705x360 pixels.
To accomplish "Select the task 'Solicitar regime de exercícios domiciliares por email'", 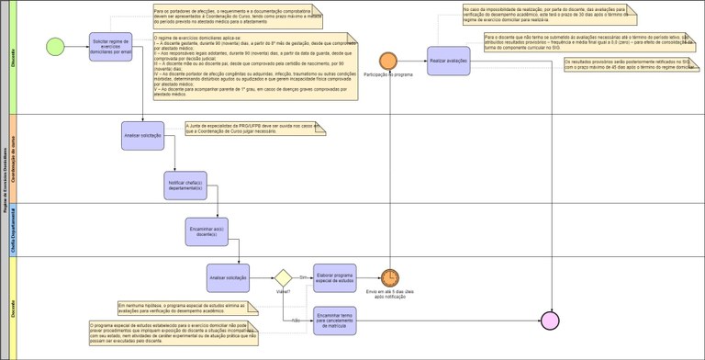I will tap(113, 44).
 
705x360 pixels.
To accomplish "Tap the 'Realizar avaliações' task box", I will tap(449, 61).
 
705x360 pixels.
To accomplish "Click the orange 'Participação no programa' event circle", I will tap(388, 61).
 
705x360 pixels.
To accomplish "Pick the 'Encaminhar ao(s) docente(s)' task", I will tap(206, 231).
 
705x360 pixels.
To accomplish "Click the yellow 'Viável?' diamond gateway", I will tap(283, 276).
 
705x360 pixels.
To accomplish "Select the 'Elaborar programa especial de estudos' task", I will tap(335, 276).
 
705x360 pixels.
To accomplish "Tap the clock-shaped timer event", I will tap(389, 276).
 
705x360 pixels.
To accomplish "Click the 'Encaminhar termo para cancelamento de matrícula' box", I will tap(335, 319).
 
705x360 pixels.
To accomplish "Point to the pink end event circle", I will tap(550, 320).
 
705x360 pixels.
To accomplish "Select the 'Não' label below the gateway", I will tap(296, 320).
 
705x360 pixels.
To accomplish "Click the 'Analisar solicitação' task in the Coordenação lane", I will tap(143, 136).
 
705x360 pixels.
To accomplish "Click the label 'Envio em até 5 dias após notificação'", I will tap(390, 295).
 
